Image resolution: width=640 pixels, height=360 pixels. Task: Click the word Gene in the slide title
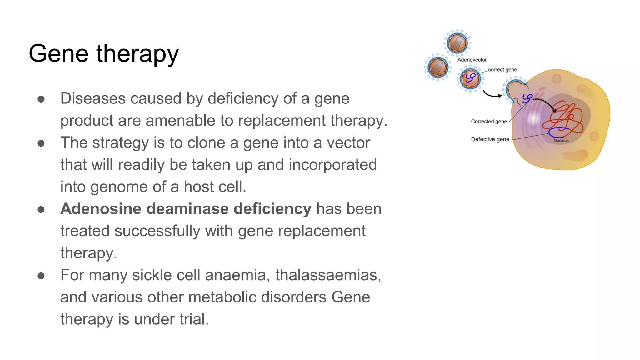pos(58,53)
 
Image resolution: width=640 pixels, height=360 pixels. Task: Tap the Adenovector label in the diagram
pos(472,60)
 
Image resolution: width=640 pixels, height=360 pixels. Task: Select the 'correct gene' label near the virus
pos(502,70)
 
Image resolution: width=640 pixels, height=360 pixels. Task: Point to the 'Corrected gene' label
pos(489,122)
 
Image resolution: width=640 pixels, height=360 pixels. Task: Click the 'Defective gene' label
pos(490,139)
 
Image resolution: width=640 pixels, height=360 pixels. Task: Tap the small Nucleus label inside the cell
pos(561,141)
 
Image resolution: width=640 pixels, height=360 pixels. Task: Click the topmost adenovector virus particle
pos(457,43)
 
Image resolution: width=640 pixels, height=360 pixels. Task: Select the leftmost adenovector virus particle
pos(437,67)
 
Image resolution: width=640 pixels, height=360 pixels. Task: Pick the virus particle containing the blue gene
pos(470,78)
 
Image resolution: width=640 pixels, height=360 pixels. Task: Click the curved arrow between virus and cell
pos(492,94)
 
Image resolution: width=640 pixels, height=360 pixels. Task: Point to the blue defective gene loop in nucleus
pos(559,133)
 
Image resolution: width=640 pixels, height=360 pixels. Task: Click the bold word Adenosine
pos(101,209)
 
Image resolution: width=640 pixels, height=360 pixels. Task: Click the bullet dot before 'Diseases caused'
pos(41,99)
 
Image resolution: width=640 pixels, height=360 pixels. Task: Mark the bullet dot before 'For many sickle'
pos(41,276)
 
